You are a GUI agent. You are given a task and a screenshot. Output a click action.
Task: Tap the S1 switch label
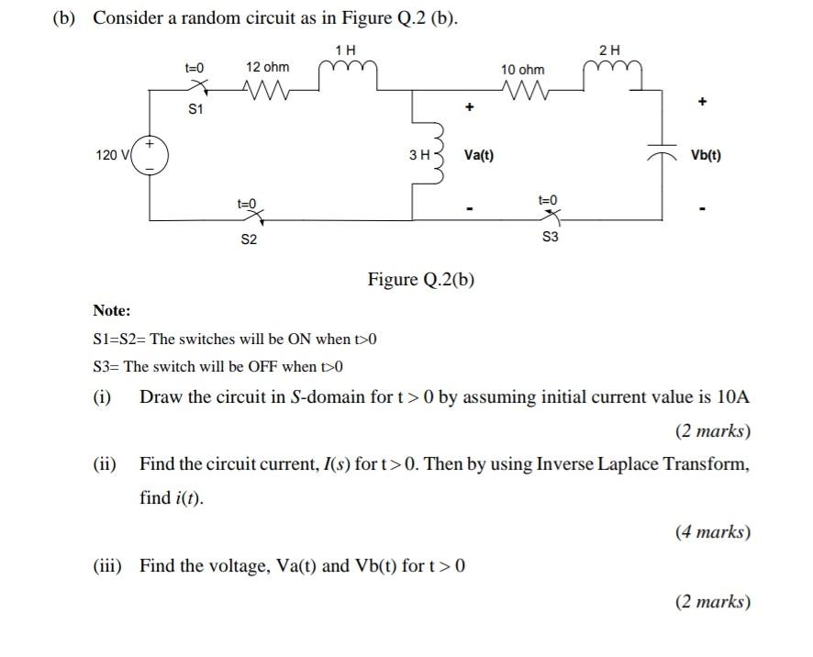pos(195,109)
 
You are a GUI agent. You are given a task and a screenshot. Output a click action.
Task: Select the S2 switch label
pos(249,239)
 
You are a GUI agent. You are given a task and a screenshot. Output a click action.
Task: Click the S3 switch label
pos(550,237)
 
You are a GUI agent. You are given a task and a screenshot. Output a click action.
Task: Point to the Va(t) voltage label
pos(478,155)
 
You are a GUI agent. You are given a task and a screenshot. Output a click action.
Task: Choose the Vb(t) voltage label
pos(706,155)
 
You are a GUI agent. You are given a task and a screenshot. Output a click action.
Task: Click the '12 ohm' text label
pos(267,67)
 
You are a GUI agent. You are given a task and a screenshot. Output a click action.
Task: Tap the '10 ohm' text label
pos(522,70)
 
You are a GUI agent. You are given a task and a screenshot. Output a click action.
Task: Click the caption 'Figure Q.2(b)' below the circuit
pos(421,279)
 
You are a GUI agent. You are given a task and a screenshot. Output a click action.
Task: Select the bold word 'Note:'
pos(112,311)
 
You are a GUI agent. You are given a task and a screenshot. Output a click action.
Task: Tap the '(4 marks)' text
pos(713,531)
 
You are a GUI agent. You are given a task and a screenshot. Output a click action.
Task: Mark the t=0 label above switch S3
pos(548,199)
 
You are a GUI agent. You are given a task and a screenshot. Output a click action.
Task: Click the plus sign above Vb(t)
pos(702,103)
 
